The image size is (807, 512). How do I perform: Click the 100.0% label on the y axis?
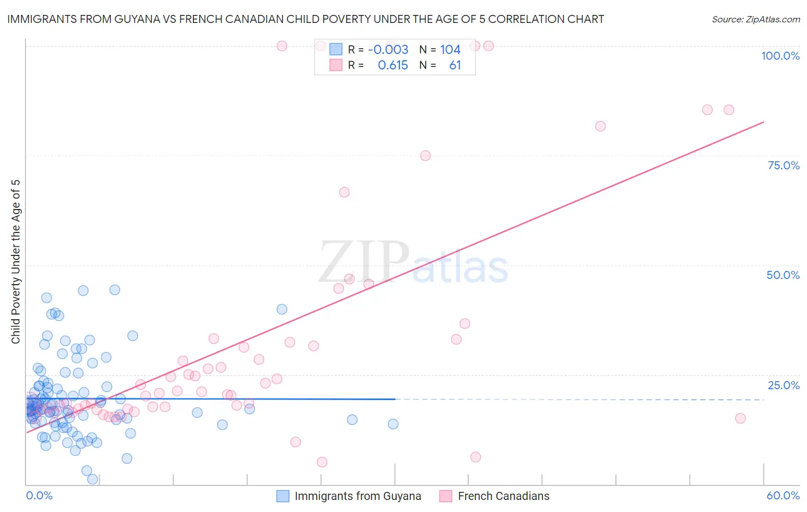click(x=780, y=56)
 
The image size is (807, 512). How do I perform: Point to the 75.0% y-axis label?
click(x=783, y=165)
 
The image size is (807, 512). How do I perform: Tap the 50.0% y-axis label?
click(x=783, y=275)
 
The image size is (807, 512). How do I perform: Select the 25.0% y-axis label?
click(x=783, y=385)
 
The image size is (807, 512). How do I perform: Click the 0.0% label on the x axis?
click(x=39, y=496)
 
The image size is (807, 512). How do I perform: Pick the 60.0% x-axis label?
click(x=783, y=496)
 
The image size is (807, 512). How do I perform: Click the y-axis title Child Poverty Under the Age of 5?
click(x=15, y=261)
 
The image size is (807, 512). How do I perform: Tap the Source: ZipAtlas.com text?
click(x=755, y=20)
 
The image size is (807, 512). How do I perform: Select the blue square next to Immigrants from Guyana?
click(x=283, y=496)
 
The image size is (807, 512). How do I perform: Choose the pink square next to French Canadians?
click(x=445, y=496)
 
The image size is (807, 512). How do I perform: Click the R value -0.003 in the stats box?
click(x=388, y=50)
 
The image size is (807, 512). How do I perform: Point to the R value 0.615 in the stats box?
click(x=393, y=65)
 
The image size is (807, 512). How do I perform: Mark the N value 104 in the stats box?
click(x=451, y=50)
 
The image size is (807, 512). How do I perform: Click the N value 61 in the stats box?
click(x=455, y=65)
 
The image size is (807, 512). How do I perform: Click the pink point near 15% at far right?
click(x=740, y=418)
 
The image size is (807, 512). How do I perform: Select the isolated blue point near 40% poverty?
click(x=282, y=309)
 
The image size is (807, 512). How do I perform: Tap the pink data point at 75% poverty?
click(x=425, y=156)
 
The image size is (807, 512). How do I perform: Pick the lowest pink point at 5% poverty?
click(x=322, y=462)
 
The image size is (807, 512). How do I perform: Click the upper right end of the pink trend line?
click(x=763, y=122)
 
